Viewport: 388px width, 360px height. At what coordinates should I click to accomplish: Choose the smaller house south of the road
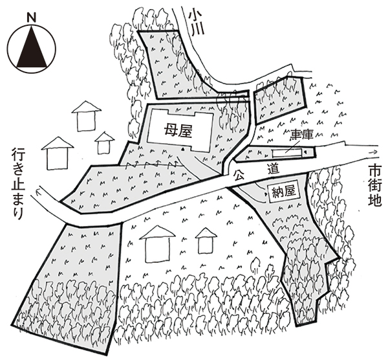[206, 240]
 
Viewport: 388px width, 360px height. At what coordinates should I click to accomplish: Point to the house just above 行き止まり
[57, 153]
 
